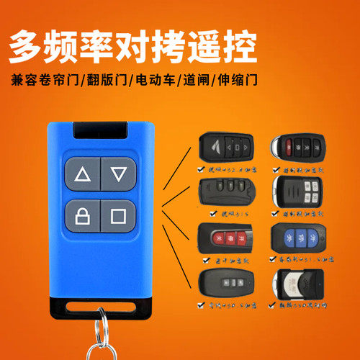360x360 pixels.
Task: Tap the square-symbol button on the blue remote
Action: [x=119, y=215]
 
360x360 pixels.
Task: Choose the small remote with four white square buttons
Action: [x=297, y=192]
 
